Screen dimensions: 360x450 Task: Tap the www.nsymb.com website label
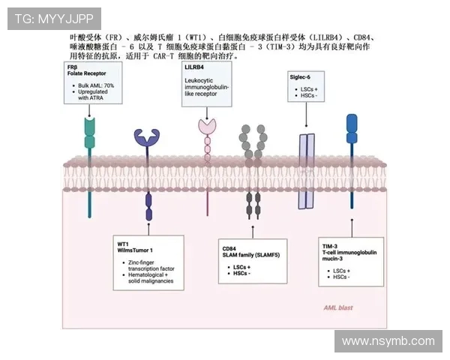pos(388,341)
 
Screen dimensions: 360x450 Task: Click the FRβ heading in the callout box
pos(72,67)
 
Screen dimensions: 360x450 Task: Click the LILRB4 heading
pos(194,67)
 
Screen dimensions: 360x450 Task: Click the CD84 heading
pos(229,247)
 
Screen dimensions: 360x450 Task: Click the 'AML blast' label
pos(337,307)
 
